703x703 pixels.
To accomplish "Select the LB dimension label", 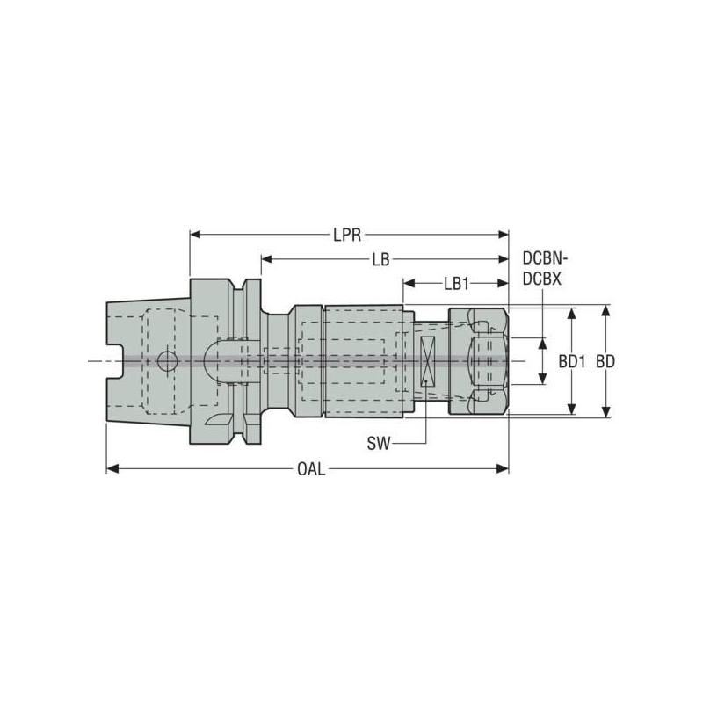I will pos(380,260).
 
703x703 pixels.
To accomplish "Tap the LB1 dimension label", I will pos(456,284).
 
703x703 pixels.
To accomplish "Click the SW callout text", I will pos(378,445).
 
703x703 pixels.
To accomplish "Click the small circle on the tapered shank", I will pos(166,361).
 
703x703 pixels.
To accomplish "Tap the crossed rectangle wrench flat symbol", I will pos(427,361).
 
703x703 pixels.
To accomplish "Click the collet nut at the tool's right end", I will pos(479,361).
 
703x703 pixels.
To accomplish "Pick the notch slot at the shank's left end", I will pos(112,361).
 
